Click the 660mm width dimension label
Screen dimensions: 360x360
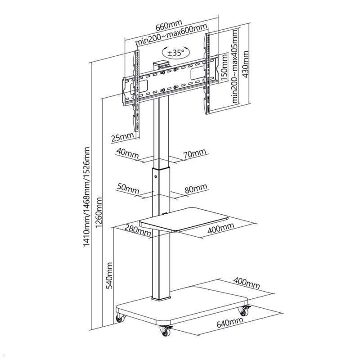pos(169,25)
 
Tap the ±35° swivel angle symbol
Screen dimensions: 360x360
pos(176,53)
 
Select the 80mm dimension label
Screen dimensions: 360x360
pos(196,188)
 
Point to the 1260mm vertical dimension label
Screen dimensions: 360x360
pos(99,212)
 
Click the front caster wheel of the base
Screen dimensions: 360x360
pos(166,330)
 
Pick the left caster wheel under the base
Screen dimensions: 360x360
pos(120,318)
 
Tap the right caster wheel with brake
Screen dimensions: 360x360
pos(244,311)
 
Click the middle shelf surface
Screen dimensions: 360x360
pos(184,219)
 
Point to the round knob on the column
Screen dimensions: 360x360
pos(156,176)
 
